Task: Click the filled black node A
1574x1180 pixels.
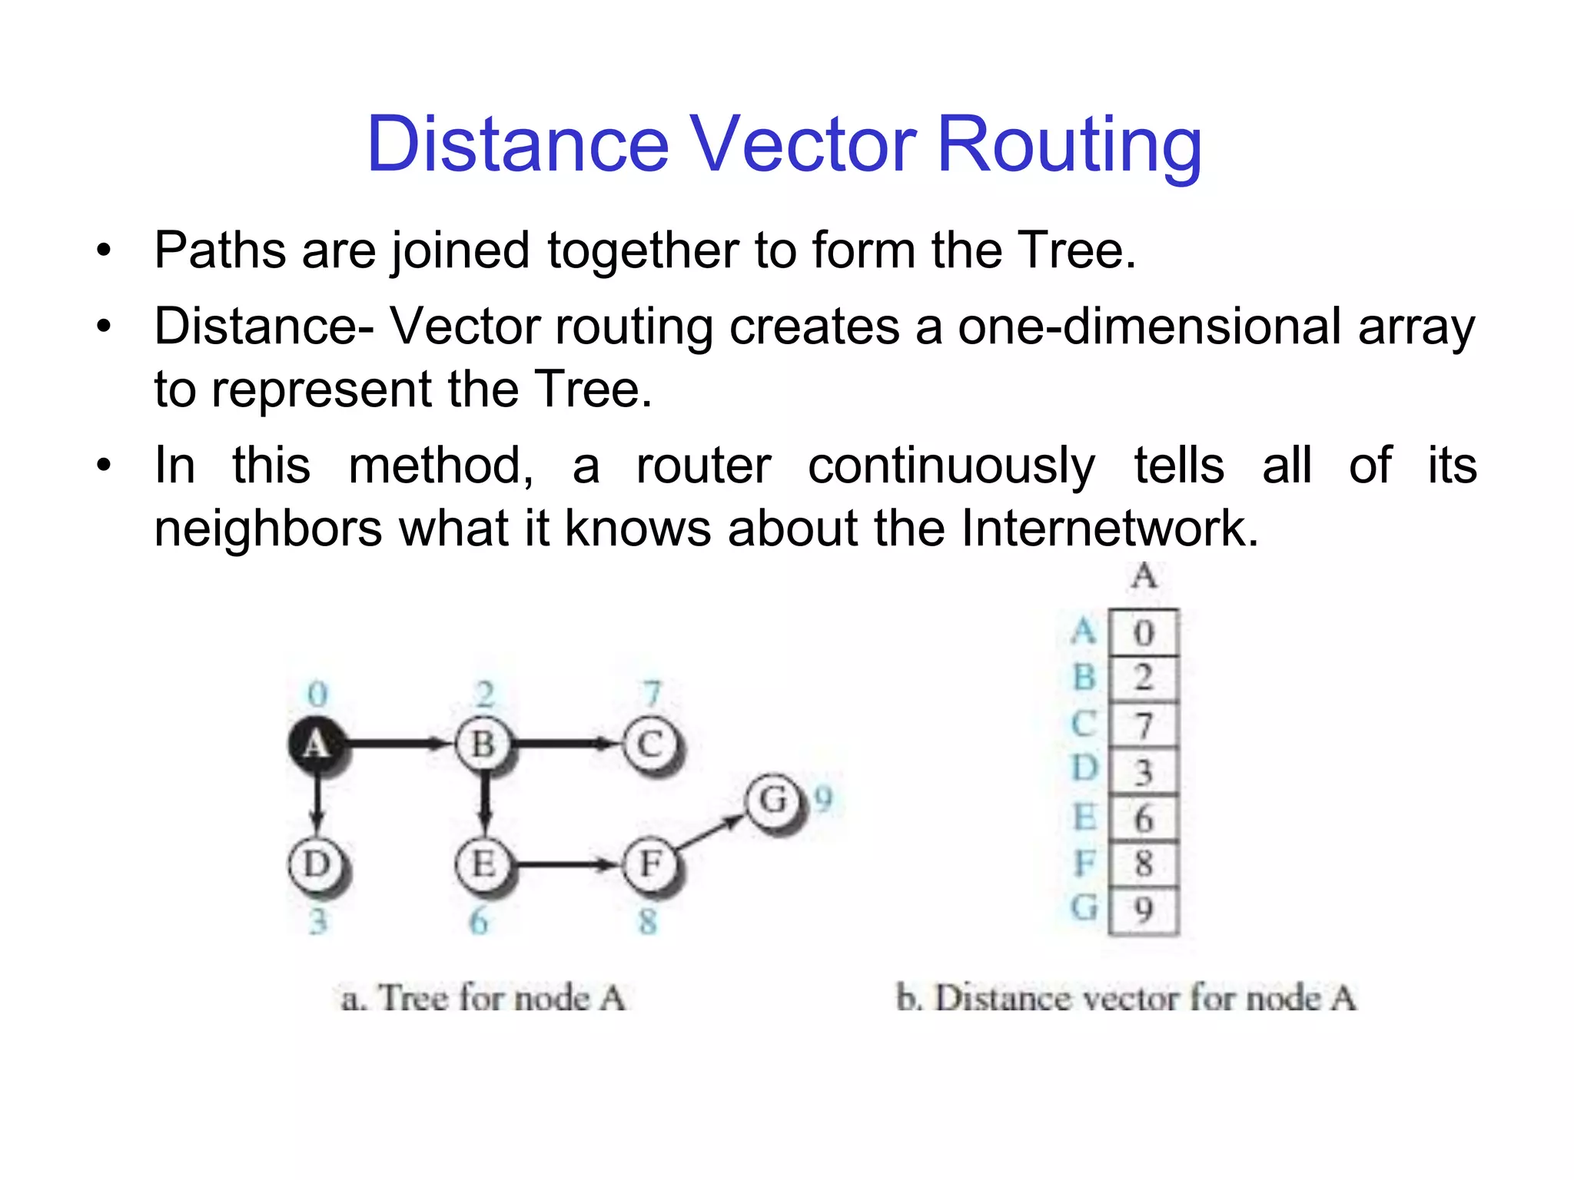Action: coord(316,744)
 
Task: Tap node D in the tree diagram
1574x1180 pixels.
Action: coord(316,864)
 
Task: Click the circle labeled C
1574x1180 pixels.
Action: coord(650,744)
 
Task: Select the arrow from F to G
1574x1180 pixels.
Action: coord(711,832)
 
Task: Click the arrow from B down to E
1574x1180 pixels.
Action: coord(483,803)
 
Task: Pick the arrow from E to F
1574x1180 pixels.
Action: coord(566,865)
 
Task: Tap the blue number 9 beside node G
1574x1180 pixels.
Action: coord(824,799)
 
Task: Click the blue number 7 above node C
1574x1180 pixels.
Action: coord(653,694)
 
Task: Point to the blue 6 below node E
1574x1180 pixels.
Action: coord(479,920)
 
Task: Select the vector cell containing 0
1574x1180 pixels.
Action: coord(1144,632)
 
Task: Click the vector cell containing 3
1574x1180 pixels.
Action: coord(1144,771)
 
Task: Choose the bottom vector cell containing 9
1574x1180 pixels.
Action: coord(1144,911)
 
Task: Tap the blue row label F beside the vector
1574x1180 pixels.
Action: coord(1084,863)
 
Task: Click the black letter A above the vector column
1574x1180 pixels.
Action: coord(1144,575)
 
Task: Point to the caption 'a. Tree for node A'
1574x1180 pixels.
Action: coord(483,998)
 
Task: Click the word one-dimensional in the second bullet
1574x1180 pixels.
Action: coord(1150,326)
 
